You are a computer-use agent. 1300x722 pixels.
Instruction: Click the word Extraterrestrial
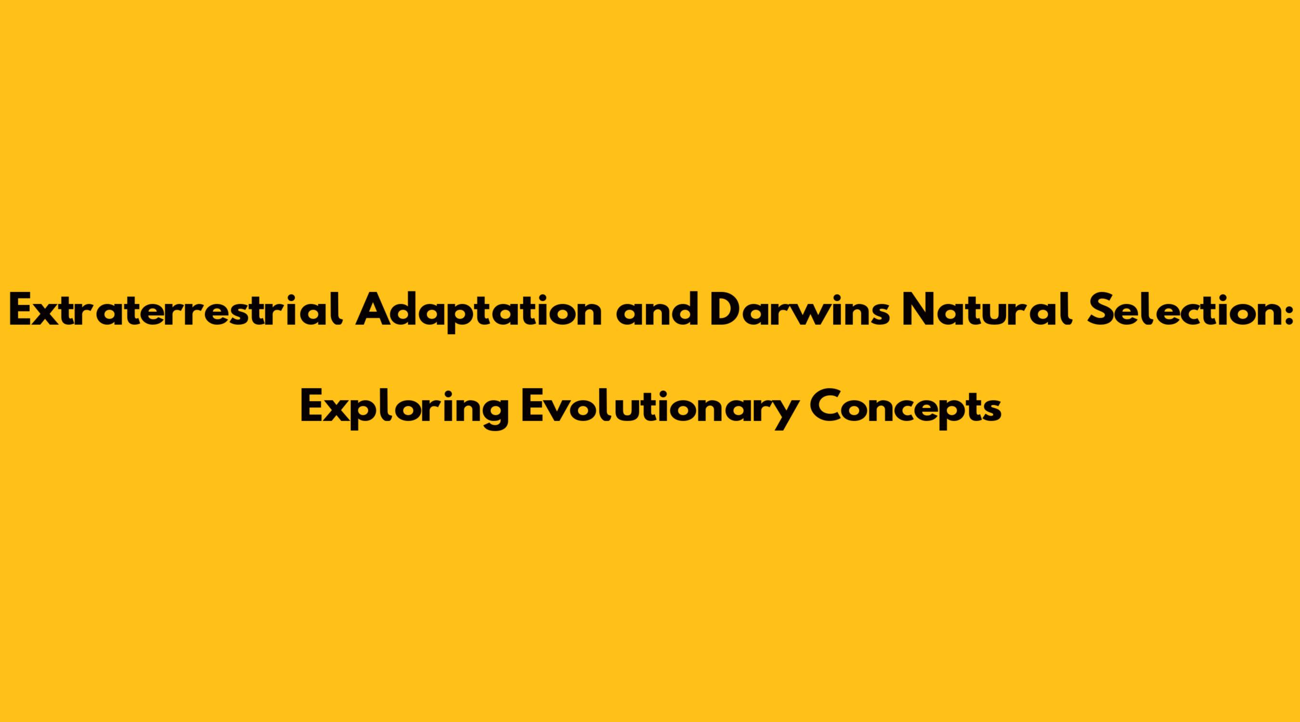tap(176, 309)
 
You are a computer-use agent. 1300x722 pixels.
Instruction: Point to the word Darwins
tap(799, 309)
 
